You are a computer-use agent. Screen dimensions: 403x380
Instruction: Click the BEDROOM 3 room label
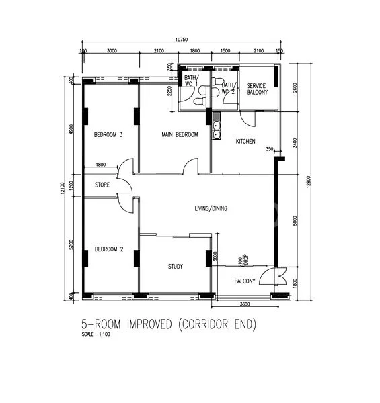pos(108,134)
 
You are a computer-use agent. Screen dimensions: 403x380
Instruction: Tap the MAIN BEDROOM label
pos(180,135)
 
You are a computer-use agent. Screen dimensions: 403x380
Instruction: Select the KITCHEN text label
pos(245,142)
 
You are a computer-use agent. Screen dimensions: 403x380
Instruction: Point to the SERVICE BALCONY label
pos(257,89)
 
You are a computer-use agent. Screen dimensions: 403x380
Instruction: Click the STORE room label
pos(102,185)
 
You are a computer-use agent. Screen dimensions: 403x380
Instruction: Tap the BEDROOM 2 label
pos(108,248)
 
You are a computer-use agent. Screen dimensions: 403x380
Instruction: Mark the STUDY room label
pos(175,267)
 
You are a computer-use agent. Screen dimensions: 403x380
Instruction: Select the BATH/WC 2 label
pos(229,89)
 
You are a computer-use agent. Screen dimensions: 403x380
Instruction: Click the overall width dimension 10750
pos(182,42)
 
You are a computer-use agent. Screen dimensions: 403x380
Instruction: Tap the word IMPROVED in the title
pos(143,324)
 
